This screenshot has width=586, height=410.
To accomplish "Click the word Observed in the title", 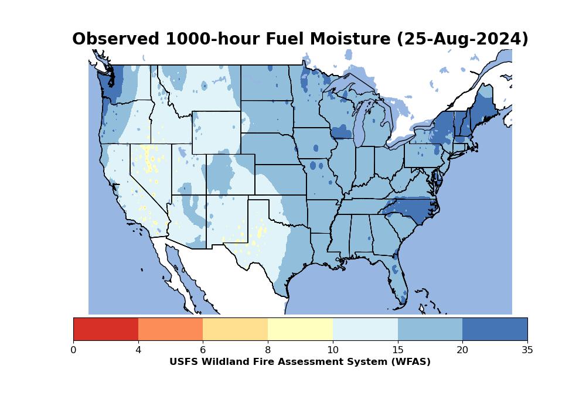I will [115, 39].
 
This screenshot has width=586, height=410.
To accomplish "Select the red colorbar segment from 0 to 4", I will [105, 329].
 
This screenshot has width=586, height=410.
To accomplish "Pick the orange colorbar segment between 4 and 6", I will [171, 329].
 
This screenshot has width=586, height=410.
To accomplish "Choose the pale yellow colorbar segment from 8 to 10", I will [300, 329].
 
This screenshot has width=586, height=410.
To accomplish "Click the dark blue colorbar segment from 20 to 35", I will [495, 329].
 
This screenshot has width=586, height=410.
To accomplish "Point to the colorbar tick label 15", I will [397, 350].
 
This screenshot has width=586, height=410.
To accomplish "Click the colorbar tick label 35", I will [527, 350].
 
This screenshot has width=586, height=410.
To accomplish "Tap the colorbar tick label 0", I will [73, 350].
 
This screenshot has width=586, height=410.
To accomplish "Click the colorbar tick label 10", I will [332, 350].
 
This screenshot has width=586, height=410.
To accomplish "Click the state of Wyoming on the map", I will [216, 132].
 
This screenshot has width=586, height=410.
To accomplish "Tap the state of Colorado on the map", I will [230, 174].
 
